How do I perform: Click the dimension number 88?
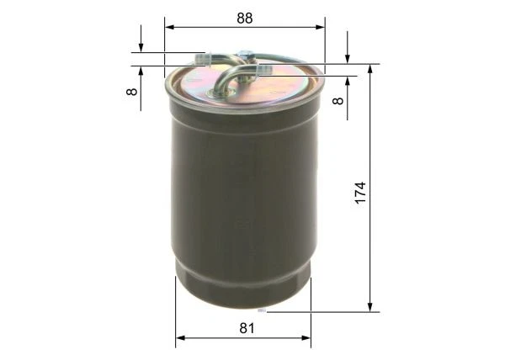click(245, 19)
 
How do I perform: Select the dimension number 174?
click(361, 193)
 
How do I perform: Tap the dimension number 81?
click(247, 328)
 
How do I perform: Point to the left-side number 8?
click(132, 92)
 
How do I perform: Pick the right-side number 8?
click(338, 101)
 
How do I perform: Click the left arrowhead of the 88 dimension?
click(169, 27)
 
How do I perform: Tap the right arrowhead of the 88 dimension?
click(320, 27)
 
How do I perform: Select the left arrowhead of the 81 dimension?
click(180, 338)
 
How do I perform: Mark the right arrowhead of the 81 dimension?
click(306, 338)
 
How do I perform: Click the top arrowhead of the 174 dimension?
click(370, 69)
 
